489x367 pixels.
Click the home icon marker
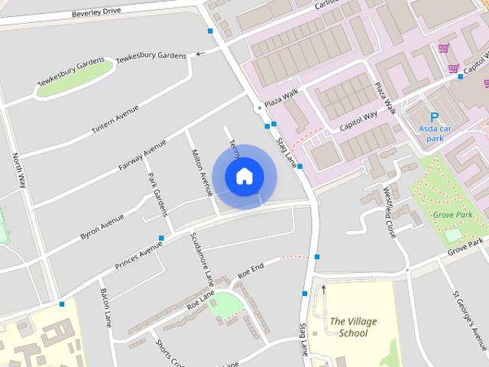pyautogui.click(x=244, y=176)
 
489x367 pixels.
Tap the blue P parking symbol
pyautogui.click(x=434, y=117)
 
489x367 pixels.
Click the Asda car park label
pyautogui.click(x=435, y=134)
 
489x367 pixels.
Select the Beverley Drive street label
pyautogui.click(x=97, y=13)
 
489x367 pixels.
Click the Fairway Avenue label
pyautogui.click(x=143, y=155)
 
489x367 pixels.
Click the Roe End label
pyautogui.click(x=251, y=269)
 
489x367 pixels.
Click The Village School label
pyautogui.click(x=353, y=327)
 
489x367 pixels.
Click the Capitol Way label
pyautogui.click(x=359, y=121)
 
